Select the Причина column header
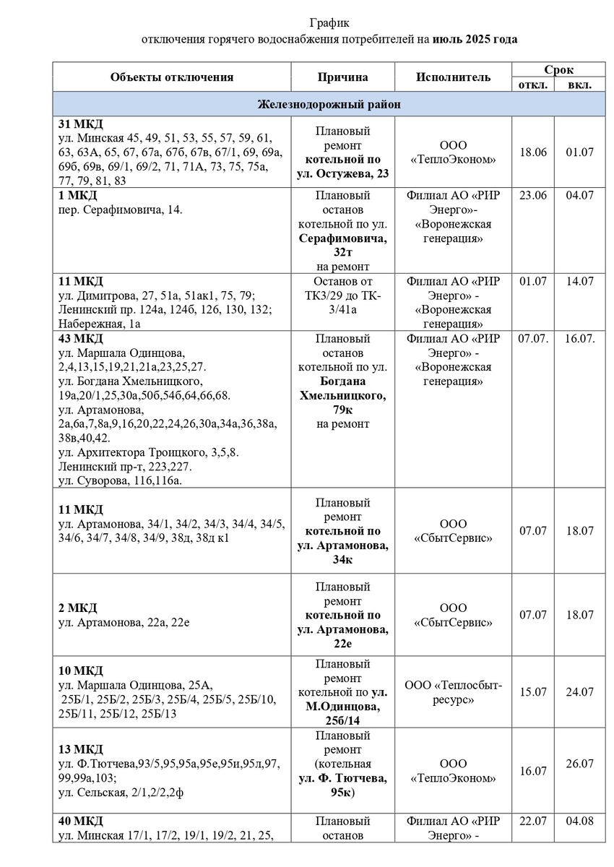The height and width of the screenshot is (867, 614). pyautogui.click(x=342, y=77)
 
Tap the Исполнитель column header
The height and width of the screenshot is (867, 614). pyautogui.click(x=453, y=77)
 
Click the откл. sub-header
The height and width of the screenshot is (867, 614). pyautogui.click(x=533, y=85)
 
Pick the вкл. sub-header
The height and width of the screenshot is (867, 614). pyautogui.click(x=580, y=85)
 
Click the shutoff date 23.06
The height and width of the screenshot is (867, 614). pyautogui.click(x=533, y=197)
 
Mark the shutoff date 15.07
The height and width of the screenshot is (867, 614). pyautogui.click(x=533, y=692)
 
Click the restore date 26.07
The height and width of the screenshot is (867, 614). pyautogui.click(x=580, y=764)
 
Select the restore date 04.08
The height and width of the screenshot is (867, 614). pyautogui.click(x=580, y=821)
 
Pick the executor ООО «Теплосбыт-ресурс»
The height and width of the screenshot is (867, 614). pyautogui.click(x=453, y=692)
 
